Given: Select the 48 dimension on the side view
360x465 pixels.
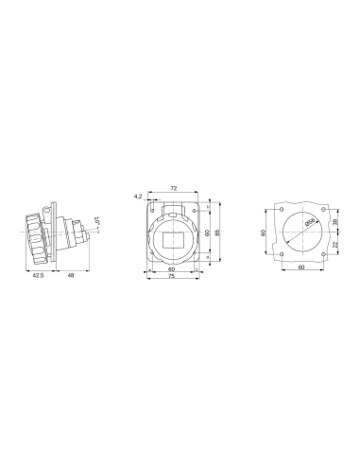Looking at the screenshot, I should coord(69,276).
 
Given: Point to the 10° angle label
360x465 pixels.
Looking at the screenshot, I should coord(98,225).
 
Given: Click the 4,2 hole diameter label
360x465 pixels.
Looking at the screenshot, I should coord(138,197).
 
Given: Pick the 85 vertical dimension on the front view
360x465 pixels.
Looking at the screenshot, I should coord(217,232).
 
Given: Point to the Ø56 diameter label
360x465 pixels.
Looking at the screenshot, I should coord(308,222).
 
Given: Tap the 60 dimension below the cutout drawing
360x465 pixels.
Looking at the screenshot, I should coord(301,268).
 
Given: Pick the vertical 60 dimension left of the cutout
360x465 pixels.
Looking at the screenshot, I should coord(265,232).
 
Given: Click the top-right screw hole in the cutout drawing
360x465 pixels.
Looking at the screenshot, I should coord(322,210).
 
